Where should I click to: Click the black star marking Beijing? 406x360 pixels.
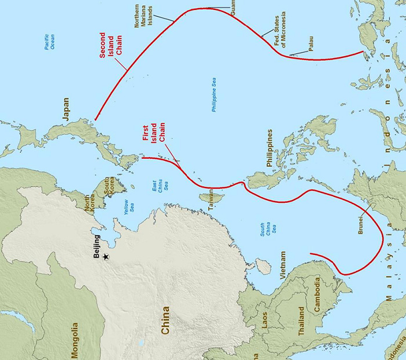tap(106, 256)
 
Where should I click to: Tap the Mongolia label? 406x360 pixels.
tap(75, 339)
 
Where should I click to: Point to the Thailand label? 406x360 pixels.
tap(300, 321)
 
